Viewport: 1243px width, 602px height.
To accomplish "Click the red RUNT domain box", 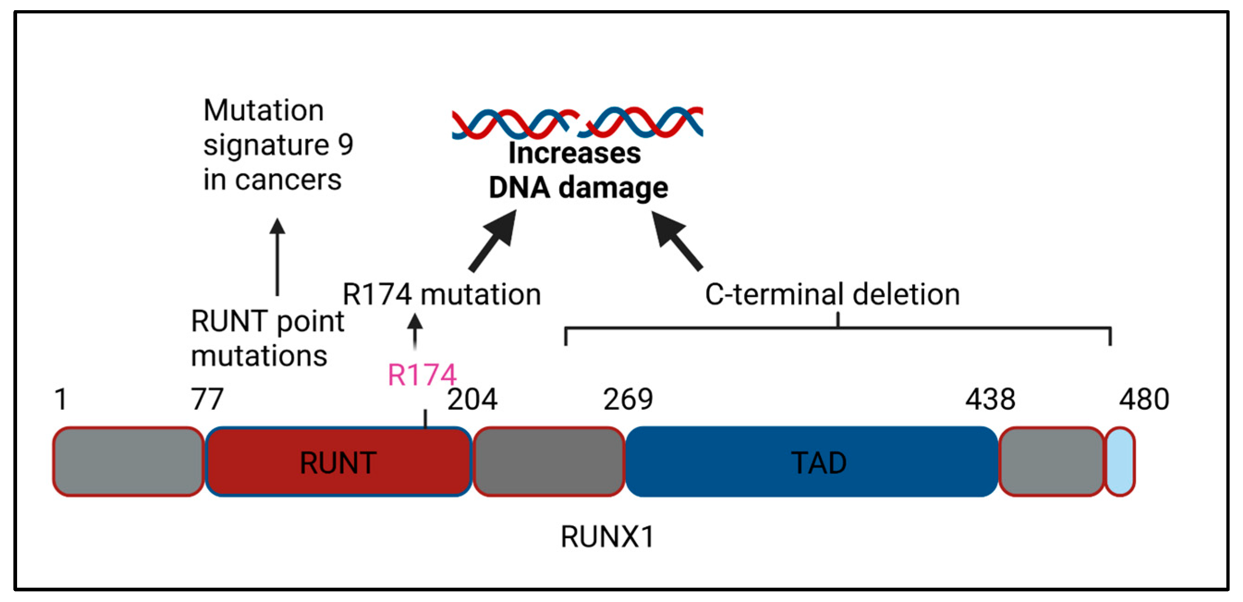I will point(338,462).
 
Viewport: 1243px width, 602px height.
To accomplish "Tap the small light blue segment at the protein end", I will point(1120,462).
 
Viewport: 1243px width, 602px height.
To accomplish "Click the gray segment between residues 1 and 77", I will point(128,462).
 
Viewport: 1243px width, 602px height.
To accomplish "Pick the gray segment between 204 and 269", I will point(549,462).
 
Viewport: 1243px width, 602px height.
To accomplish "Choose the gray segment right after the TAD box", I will point(1051,462).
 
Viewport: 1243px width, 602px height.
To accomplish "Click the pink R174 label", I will point(422,375).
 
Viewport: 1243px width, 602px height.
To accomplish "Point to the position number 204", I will point(472,400).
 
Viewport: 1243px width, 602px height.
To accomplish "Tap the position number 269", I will point(628,400).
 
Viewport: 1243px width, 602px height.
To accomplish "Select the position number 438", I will point(990,400).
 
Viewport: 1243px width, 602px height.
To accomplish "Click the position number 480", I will point(1144,400).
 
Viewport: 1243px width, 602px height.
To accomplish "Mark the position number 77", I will point(207,400).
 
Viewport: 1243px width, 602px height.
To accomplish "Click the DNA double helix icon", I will point(576,122).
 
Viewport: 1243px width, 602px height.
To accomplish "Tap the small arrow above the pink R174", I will point(415,331).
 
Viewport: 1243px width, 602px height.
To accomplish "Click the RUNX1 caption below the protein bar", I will point(607,536).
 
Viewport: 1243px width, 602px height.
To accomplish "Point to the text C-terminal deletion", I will point(832,294).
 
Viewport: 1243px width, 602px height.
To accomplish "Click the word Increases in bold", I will point(575,153).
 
